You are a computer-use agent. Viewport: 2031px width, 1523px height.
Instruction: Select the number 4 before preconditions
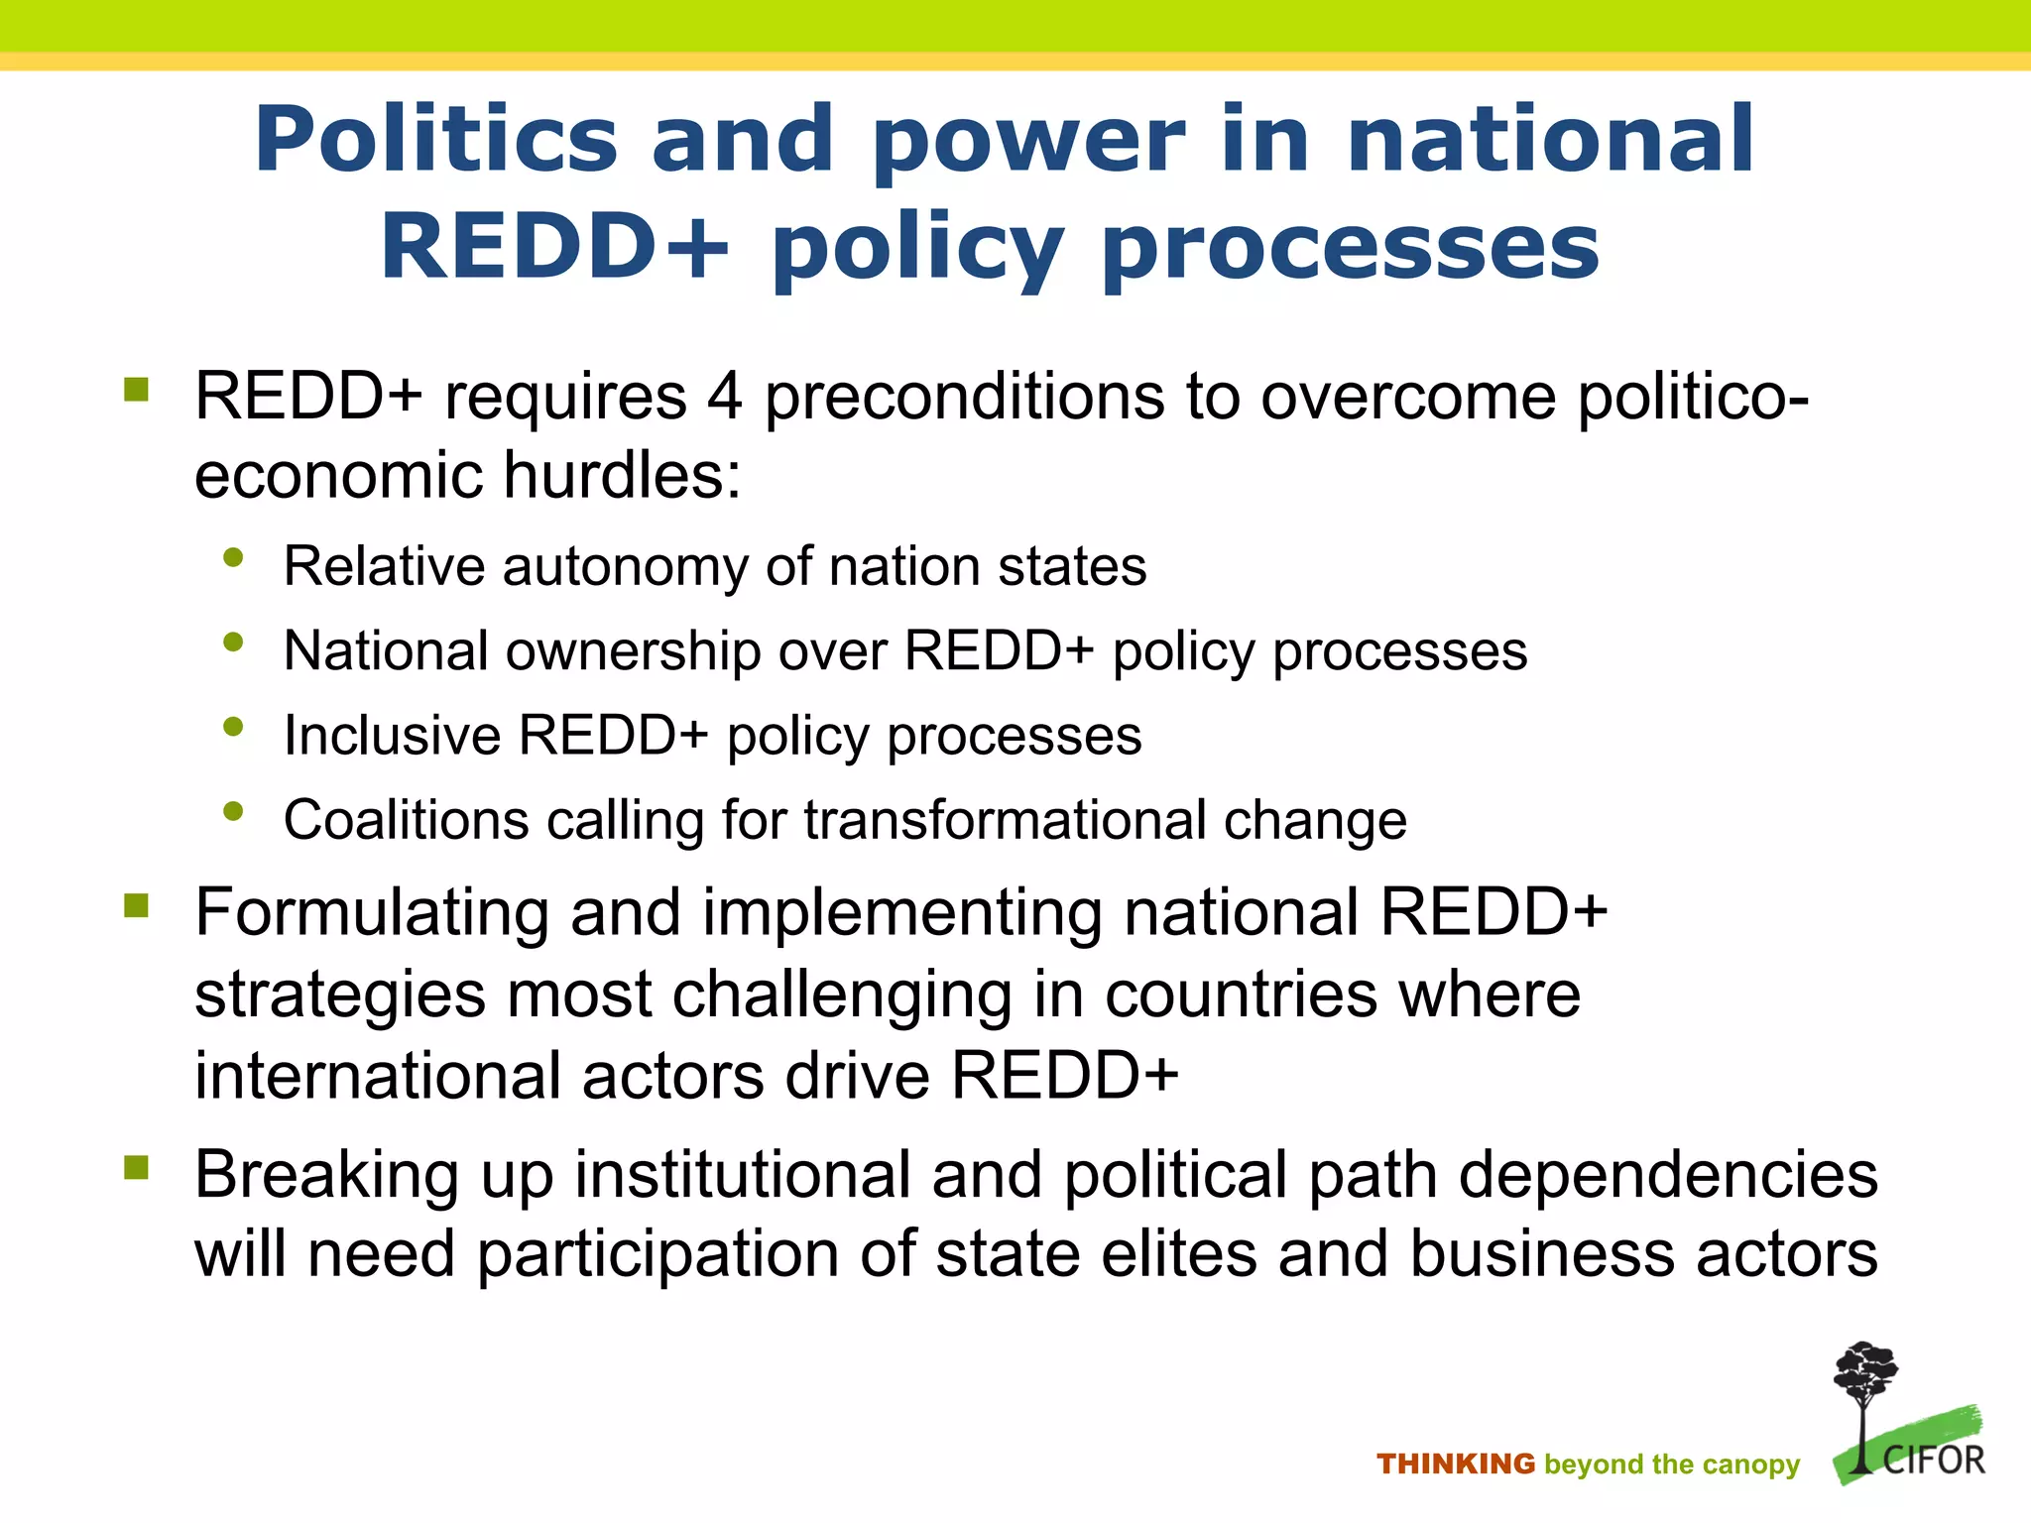tap(724, 397)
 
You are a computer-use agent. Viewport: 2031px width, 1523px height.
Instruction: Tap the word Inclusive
tap(393, 736)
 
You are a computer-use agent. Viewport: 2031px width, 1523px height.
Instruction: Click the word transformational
tap(1004, 821)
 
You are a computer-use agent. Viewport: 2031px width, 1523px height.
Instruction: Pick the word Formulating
tap(372, 914)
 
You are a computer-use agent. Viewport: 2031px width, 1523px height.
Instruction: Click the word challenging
tap(842, 996)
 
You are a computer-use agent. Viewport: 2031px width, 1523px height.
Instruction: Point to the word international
tap(378, 1077)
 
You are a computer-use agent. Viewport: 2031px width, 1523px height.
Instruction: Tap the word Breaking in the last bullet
tap(326, 1176)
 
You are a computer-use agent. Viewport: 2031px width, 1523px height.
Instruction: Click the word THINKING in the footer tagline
tap(1455, 1464)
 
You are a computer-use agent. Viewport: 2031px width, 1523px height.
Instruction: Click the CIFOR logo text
tap(1933, 1461)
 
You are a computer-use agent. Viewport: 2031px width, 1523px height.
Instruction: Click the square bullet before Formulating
tap(137, 905)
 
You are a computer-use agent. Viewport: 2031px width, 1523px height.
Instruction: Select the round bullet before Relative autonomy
tap(234, 558)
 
